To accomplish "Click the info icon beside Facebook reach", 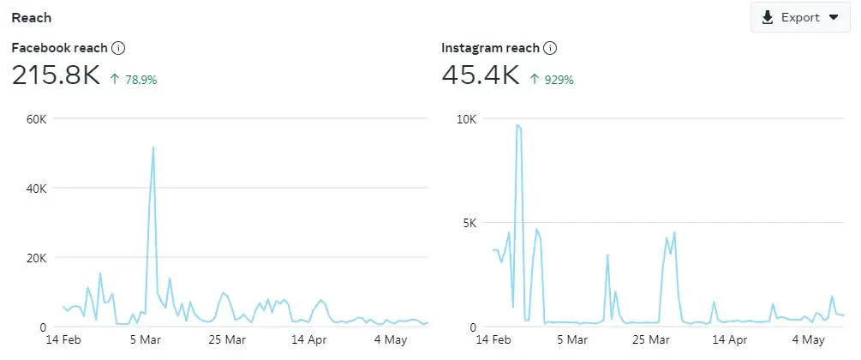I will coord(119,48).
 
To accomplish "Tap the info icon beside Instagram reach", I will coord(550,48).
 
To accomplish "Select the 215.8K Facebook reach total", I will coord(57,75).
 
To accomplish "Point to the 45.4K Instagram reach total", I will coord(481,75).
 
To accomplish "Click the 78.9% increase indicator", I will coord(134,80).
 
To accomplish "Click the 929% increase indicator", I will coord(552,80).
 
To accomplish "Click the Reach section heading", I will coord(31,17).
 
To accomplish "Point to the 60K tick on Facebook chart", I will coord(35,118).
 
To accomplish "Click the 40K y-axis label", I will coord(35,188).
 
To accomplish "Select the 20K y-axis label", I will coord(35,258).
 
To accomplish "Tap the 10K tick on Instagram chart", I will coord(465,118).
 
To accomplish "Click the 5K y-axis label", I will coord(469,223).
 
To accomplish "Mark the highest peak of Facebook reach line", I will coord(153,147).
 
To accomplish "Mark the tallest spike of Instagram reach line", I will coord(517,125).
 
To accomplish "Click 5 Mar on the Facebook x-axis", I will coord(146,340).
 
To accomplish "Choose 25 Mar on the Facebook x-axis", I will coord(226,340).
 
